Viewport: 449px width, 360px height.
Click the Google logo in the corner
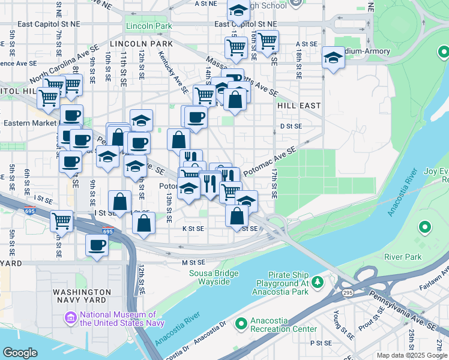tap(20, 353)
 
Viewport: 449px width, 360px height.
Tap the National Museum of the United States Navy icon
tap(71, 317)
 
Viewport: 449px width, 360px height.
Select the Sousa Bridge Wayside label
tap(206, 278)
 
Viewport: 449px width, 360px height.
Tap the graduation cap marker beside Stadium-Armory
tap(333, 58)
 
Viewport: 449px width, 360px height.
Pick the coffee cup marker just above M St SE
tap(97, 245)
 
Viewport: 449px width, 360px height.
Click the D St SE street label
tap(291, 127)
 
